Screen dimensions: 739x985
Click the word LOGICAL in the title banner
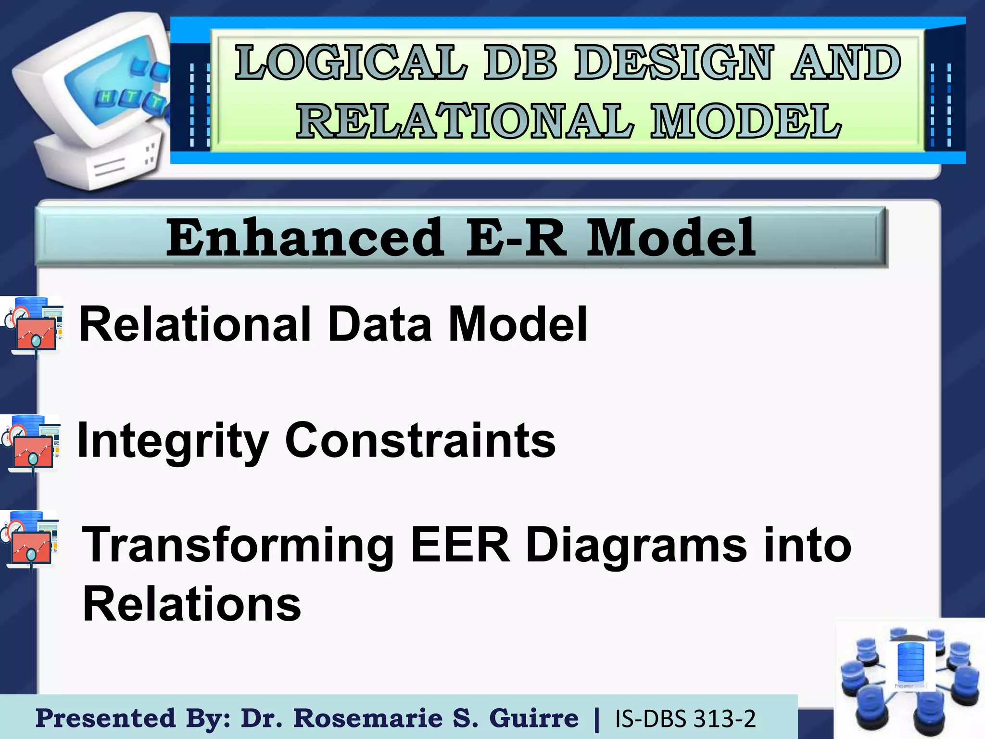(351, 63)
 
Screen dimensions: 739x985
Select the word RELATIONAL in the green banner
(465, 121)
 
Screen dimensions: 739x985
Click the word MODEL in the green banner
(746, 121)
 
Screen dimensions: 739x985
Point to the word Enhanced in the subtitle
(305, 238)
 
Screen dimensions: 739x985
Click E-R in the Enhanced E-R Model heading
(515, 238)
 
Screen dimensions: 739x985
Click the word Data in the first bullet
(379, 324)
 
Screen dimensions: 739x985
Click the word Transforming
(238, 546)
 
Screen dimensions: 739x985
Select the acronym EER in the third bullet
(460, 546)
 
